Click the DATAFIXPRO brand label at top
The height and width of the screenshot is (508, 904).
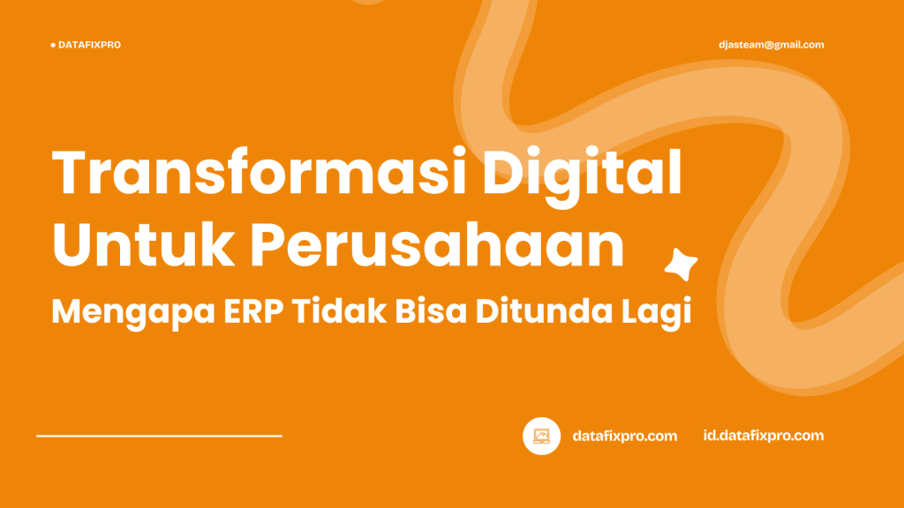tap(89, 45)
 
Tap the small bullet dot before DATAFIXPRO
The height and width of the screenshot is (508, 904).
tap(53, 45)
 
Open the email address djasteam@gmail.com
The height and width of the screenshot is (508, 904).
tap(772, 45)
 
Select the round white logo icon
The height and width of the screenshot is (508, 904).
tap(542, 436)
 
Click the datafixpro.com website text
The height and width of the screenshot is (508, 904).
tap(625, 436)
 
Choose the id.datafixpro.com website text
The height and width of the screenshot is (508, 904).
tap(764, 436)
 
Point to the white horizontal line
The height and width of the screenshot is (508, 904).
tap(159, 436)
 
